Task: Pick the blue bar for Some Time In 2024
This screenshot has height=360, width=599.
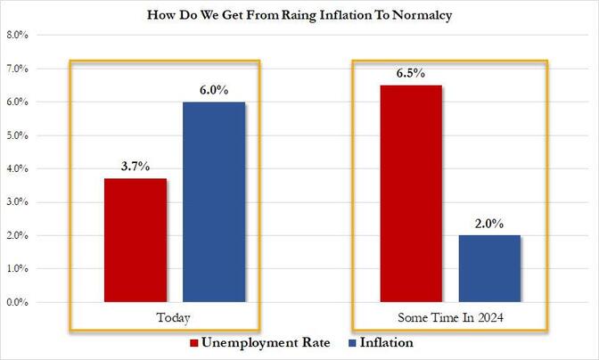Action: pos(489,269)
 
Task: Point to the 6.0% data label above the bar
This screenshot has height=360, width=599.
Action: pos(214,90)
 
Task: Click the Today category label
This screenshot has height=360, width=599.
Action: pos(175,318)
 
